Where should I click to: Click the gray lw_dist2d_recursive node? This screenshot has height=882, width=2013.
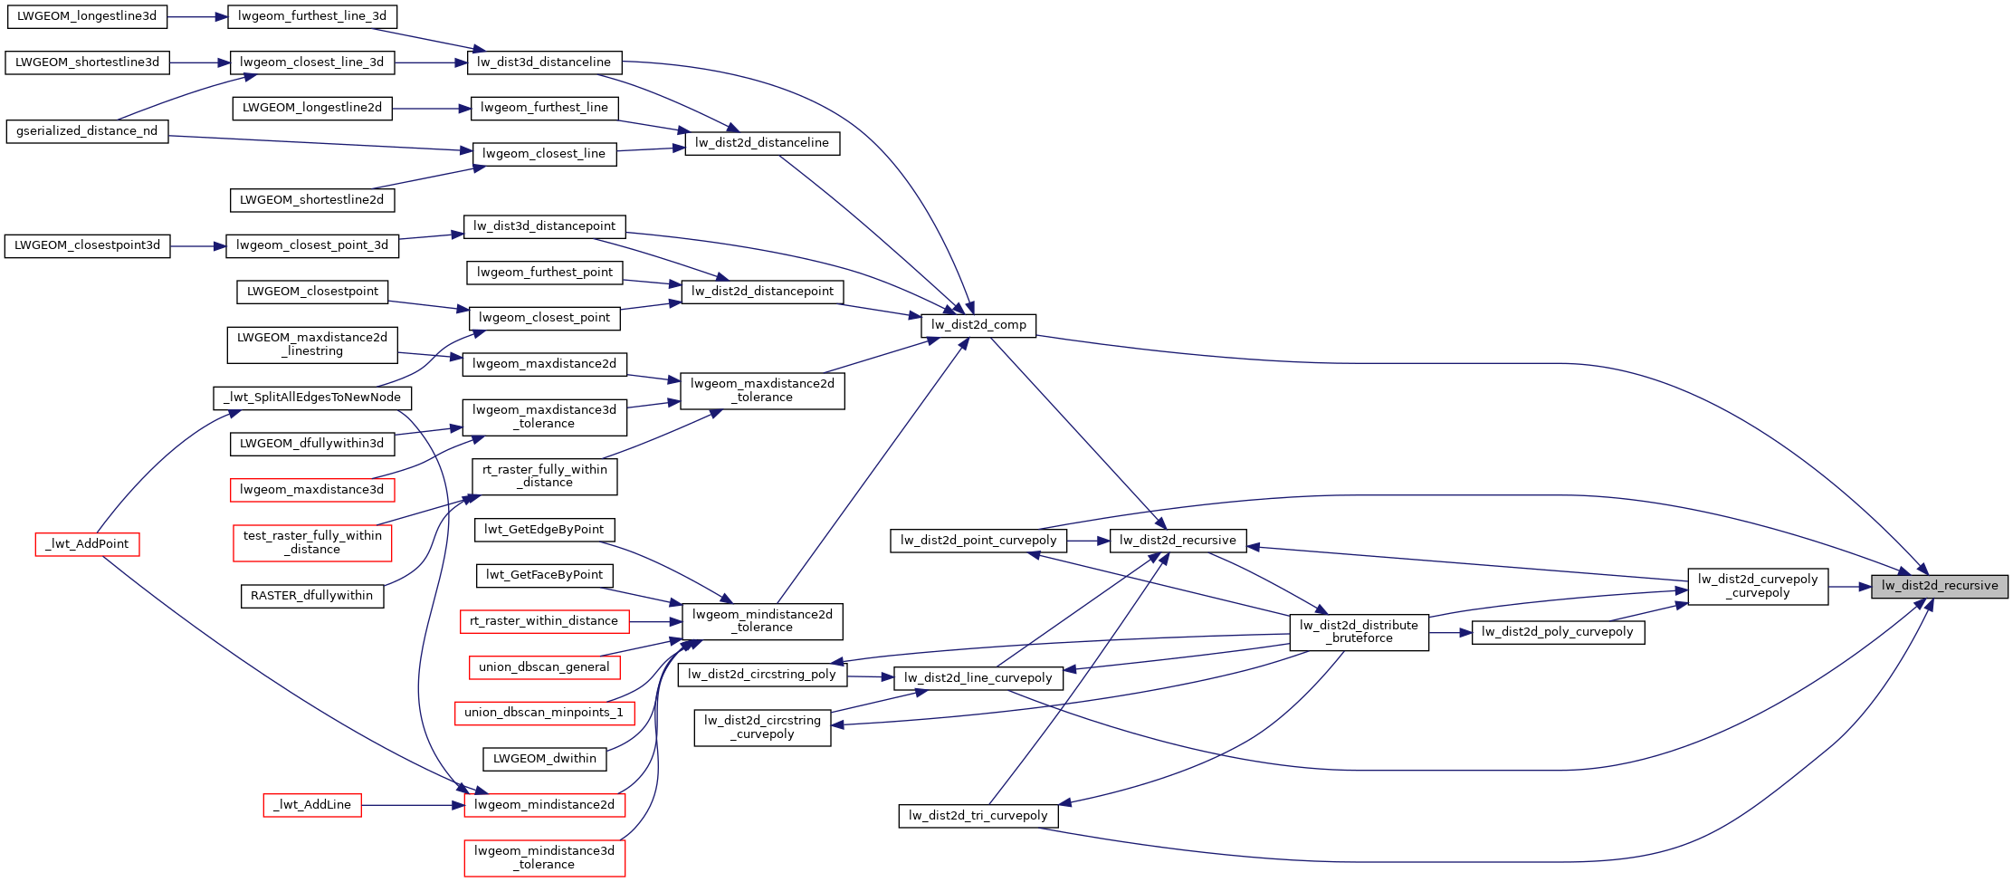click(1939, 586)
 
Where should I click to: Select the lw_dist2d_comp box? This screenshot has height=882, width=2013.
click(978, 325)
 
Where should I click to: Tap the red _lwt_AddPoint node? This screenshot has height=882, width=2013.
click(88, 544)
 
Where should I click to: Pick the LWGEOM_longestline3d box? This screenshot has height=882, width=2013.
click(87, 16)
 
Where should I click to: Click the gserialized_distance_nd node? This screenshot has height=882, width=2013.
click(87, 131)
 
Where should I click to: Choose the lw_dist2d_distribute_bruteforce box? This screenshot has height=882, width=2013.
click(1359, 631)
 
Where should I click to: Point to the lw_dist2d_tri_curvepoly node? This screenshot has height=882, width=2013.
click(978, 816)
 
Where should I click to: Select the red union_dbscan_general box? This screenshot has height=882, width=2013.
click(544, 667)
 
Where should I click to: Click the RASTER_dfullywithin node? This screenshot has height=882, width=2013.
click(311, 596)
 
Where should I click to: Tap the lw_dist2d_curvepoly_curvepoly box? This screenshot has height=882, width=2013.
click(1757, 586)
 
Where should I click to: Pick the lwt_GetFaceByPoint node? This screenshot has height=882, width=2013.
click(544, 575)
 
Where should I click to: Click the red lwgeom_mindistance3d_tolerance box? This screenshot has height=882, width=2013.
click(544, 858)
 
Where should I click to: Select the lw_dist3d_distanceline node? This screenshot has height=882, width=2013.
click(544, 62)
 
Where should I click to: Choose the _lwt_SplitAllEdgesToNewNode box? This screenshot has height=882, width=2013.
click(312, 398)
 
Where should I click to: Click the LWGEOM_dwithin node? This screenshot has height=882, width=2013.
click(544, 759)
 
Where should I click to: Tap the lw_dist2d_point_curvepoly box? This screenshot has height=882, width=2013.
click(978, 541)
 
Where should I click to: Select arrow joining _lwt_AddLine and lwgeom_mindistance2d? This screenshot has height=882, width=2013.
click(413, 805)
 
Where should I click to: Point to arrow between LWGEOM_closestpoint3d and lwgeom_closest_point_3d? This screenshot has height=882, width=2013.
click(197, 245)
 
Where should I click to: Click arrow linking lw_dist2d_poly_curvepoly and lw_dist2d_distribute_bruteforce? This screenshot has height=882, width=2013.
click(1450, 632)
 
